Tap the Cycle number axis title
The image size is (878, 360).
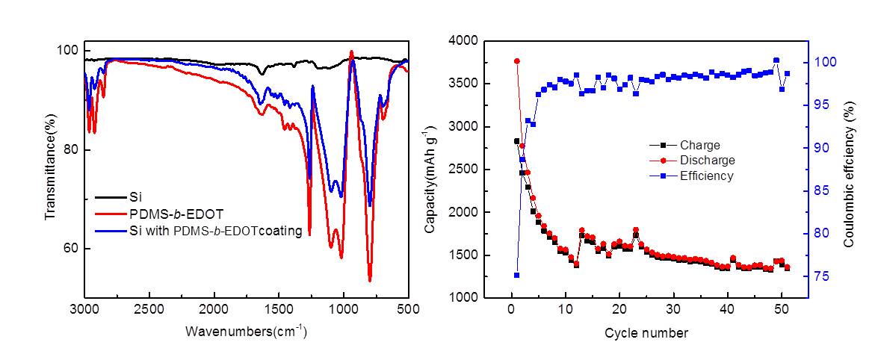point(646,332)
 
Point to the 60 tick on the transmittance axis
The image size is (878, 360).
point(69,249)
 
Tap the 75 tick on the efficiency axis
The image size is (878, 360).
point(823,276)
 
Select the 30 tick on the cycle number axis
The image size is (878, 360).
point(674,309)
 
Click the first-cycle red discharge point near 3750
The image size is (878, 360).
point(516,61)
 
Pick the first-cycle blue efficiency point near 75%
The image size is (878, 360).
point(516,275)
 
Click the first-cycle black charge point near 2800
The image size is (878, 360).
point(516,141)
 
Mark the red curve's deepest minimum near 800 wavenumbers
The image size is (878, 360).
point(370,280)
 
